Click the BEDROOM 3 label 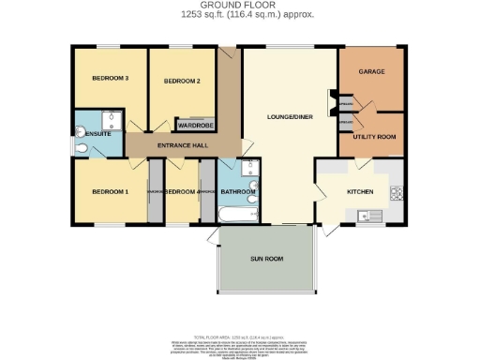coord(110,79)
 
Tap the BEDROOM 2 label coord(183,82)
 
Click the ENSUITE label coord(98,135)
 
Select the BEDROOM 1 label coord(110,192)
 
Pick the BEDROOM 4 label coord(182,192)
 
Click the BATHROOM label coord(238,193)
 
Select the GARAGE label coord(372,71)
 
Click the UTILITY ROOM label coord(372,137)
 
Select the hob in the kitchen coord(397,194)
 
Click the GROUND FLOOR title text coord(240,6)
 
